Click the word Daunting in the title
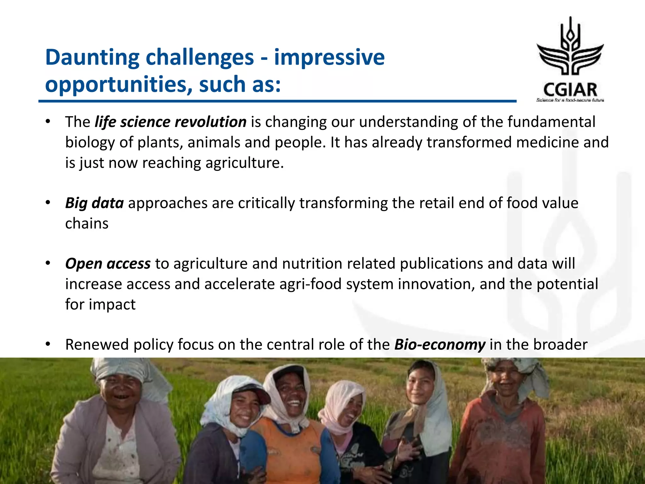click(x=92, y=58)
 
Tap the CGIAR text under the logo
click(x=570, y=90)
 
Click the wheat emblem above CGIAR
click(x=570, y=47)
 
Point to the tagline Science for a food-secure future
click(x=570, y=100)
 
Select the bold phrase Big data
click(x=94, y=203)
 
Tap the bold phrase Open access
click(x=108, y=264)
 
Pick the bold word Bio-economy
click(x=440, y=345)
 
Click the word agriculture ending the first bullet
click(x=242, y=163)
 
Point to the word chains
click(x=87, y=224)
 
